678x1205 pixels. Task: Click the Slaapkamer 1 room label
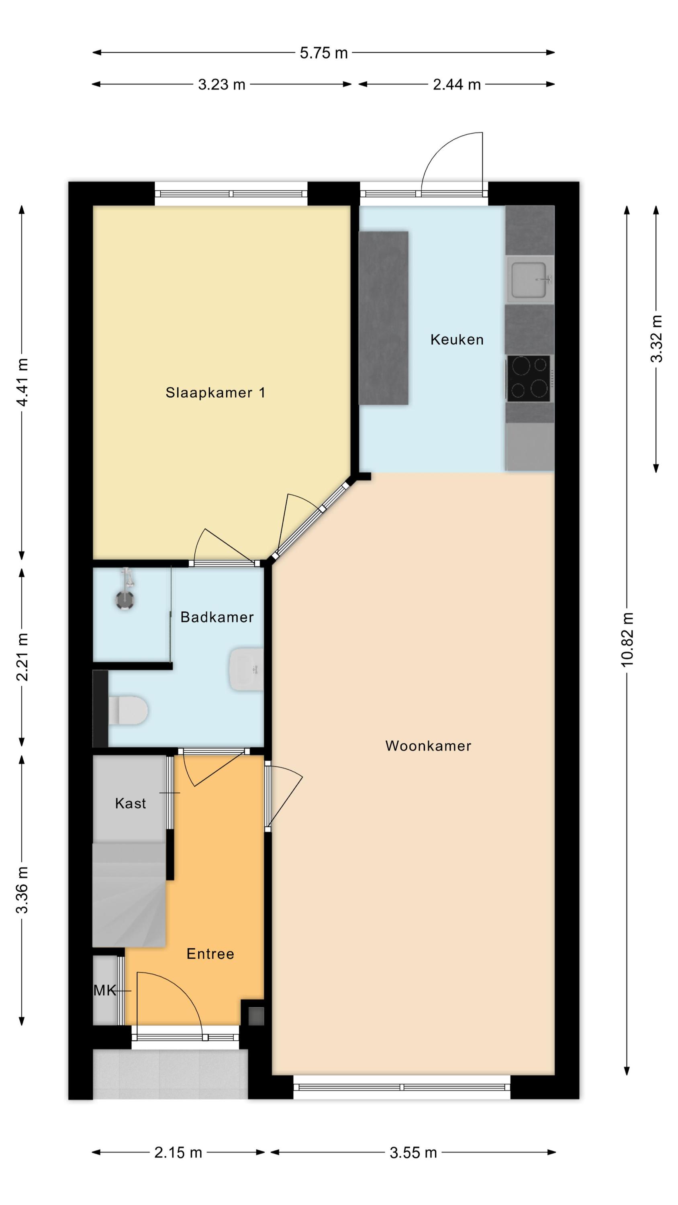pos(215,392)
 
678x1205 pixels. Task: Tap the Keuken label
pos(457,339)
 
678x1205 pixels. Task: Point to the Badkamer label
pos(217,617)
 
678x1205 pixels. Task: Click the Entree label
pos(210,954)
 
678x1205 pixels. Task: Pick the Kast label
pos(131,803)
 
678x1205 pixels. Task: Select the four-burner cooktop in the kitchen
pos(529,378)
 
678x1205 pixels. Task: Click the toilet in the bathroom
pos(128,710)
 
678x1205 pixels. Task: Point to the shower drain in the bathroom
pos(125,600)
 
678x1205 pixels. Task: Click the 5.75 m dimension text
pos(324,53)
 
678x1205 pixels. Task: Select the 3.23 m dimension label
pos(222,85)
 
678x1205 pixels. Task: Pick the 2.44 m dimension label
pos(457,85)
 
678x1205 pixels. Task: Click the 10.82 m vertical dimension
pos(627,639)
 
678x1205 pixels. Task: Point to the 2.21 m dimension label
pos(22,657)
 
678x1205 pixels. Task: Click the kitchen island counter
pos(383,318)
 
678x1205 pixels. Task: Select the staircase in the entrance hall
pos(129,895)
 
